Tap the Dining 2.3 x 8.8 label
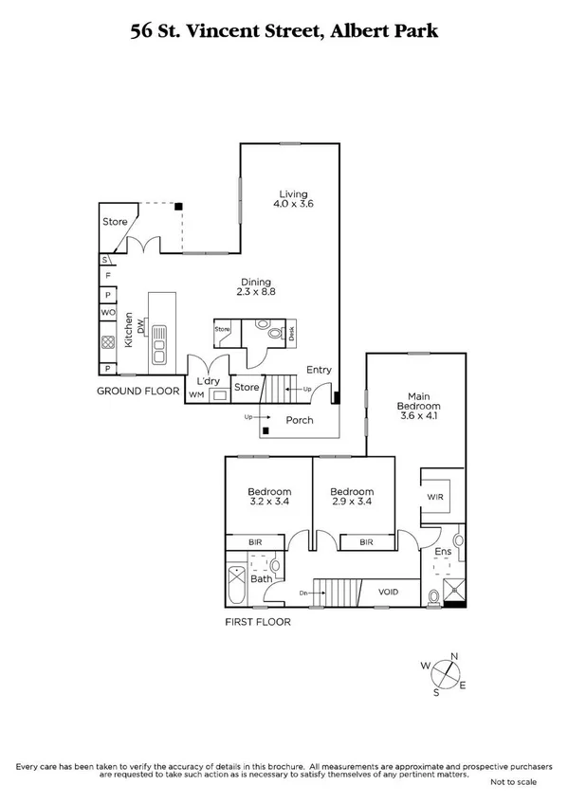coord(255,286)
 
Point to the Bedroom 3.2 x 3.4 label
coord(267,497)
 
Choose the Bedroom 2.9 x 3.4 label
coord(351,497)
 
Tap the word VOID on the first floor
coord(389,594)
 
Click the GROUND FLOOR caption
coord(138,390)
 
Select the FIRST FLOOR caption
coord(258,623)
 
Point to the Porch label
coord(300,418)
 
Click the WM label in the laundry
coord(197,393)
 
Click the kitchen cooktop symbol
coord(109,344)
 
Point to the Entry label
coord(319,371)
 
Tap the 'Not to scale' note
coord(513,782)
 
